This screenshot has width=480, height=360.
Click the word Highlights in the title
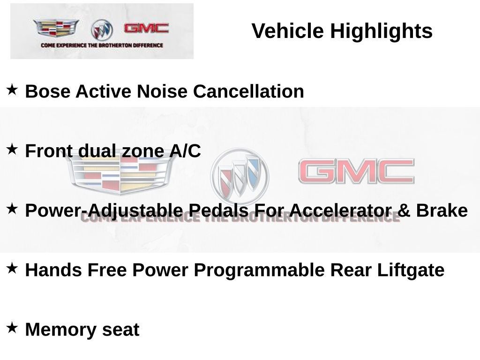pyautogui.click(x=381, y=31)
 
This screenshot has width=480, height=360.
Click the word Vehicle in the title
pyautogui.click(x=287, y=31)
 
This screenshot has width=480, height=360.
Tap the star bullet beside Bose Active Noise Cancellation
pyautogui.click(x=12, y=90)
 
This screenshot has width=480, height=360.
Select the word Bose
pyautogui.click(x=47, y=91)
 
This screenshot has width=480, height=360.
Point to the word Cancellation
pyautogui.click(x=248, y=91)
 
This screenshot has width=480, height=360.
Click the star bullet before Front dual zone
pyautogui.click(x=12, y=149)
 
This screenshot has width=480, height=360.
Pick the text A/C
pyautogui.click(x=185, y=151)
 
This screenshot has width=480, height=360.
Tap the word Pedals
pyautogui.click(x=218, y=210)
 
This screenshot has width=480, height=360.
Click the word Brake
pyautogui.click(x=442, y=210)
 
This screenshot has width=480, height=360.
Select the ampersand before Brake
pyautogui.click(x=404, y=210)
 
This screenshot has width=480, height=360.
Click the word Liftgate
pyautogui.click(x=411, y=270)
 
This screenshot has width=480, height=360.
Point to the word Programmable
pyautogui.click(x=259, y=270)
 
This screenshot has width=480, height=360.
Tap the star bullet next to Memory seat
pyautogui.click(x=12, y=328)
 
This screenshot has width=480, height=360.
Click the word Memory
pyautogui.click(x=60, y=330)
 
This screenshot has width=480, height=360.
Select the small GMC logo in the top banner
pyautogui.click(x=146, y=28)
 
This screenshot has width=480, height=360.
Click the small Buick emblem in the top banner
pyautogui.click(x=102, y=30)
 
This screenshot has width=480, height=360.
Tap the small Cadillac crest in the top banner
pyautogui.click(x=56, y=28)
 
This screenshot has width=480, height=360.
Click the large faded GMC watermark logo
pyautogui.click(x=356, y=171)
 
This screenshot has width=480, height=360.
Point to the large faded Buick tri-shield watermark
pyautogui.click(x=240, y=176)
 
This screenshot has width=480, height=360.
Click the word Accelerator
pyautogui.click(x=339, y=210)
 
